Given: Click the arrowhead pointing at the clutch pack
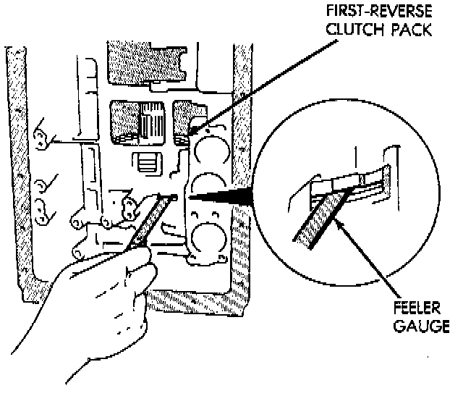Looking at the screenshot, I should [x=192, y=131].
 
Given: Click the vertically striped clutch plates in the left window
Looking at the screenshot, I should [x=153, y=121].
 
